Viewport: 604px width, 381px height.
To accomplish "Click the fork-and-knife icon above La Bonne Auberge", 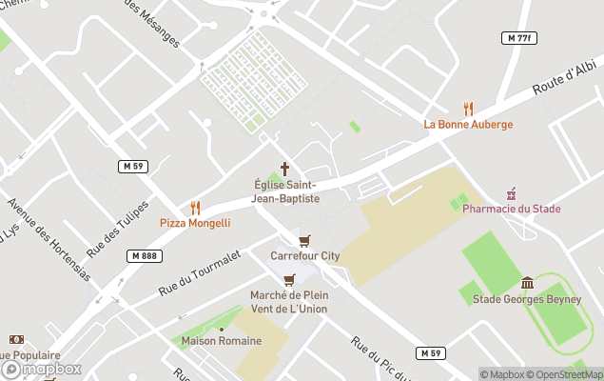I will tap(468, 109).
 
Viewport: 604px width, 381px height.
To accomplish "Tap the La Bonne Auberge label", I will tap(468, 125).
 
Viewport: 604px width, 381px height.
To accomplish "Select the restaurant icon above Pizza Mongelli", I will tap(195, 207).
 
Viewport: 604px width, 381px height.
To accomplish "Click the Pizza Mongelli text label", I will tap(195, 223).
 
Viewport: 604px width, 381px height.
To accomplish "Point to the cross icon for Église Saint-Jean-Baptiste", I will tap(284, 168).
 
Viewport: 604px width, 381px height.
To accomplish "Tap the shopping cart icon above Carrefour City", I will tap(304, 240).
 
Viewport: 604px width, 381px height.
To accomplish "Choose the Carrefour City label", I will tap(304, 256).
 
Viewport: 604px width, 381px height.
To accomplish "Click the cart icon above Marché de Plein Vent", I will tap(289, 279).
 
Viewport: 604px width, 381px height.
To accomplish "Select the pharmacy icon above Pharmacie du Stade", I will tap(511, 193).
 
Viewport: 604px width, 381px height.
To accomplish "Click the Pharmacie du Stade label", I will tap(511, 210).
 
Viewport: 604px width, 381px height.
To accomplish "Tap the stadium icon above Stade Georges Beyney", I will tap(527, 282).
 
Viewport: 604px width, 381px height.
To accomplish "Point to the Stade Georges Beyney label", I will tap(527, 298).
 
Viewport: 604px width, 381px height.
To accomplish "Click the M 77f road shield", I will tap(518, 38).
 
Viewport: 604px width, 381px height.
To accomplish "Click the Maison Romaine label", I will tap(221, 341).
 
